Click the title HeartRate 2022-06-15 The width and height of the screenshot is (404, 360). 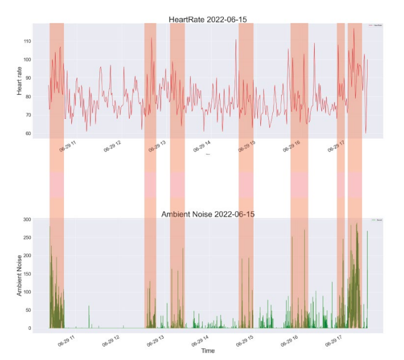[x=208, y=20]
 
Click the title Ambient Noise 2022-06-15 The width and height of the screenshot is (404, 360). [x=208, y=214]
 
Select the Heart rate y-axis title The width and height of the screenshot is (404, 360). [x=20, y=81]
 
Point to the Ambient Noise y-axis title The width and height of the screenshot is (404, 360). [x=20, y=273]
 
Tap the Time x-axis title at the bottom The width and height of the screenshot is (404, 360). [x=208, y=351]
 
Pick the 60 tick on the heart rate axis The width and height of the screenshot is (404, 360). [x=26, y=133]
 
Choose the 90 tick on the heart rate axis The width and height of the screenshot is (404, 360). [x=26, y=79]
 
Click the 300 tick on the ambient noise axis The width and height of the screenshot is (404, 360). [x=25, y=219]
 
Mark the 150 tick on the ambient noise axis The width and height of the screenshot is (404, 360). [x=25, y=274]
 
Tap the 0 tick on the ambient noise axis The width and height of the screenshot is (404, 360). [x=28, y=328]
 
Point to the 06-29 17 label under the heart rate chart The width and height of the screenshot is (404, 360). [x=337, y=147]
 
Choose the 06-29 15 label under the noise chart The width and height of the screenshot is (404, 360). [x=245, y=340]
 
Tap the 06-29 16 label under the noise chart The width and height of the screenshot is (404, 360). [x=290, y=340]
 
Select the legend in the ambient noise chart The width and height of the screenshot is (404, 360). [x=375, y=220]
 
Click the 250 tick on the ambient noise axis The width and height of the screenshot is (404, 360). [x=25, y=237]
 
